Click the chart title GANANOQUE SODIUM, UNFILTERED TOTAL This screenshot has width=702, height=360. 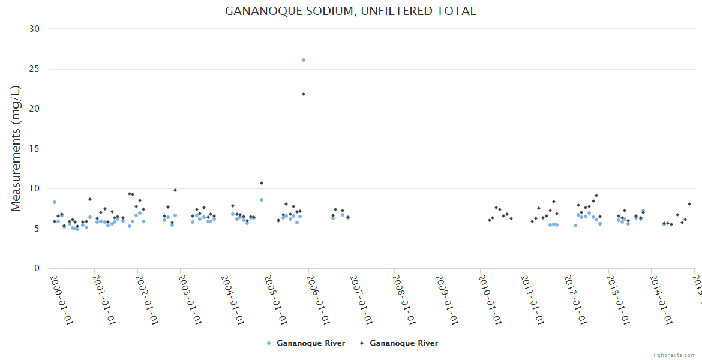click(350, 11)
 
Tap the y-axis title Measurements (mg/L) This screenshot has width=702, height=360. click(16, 148)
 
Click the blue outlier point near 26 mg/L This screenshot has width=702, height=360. click(304, 60)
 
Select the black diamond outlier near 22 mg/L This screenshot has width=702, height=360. click(304, 94)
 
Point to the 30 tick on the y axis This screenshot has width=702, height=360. click(34, 29)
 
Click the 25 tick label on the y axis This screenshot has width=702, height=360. click(34, 69)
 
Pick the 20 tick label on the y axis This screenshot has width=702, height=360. click(34, 109)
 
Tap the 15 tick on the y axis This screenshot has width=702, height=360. click(34, 149)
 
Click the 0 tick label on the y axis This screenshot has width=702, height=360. click(37, 268)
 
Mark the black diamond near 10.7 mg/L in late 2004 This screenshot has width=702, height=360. click(262, 183)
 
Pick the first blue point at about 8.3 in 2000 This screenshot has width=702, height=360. click(55, 202)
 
